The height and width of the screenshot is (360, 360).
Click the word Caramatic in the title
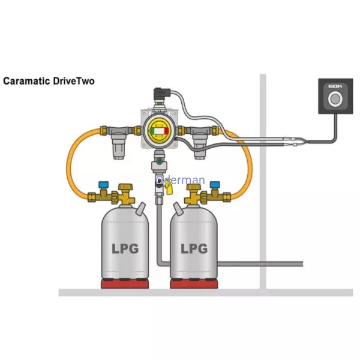tap(26, 81)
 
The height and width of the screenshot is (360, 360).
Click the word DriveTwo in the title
tap(74, 81)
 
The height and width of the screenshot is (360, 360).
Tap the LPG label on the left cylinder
tap(125, 248)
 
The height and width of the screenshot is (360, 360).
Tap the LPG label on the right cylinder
tap(194, 248)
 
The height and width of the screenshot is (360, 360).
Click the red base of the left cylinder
tap(125, 284)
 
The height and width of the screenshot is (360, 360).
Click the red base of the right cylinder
tap(194, 284)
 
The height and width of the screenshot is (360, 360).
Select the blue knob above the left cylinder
tap(104, 184)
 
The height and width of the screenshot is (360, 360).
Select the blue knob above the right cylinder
tap(215, 184)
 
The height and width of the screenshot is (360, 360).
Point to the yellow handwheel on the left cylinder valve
tap(125, 187)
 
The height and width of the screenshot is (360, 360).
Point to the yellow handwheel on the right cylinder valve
tap(194, 187)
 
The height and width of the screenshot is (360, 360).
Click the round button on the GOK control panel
tap(335, 99)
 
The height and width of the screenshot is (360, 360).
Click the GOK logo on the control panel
tap(335, 86)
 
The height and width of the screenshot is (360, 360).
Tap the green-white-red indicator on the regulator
tap(160, 131)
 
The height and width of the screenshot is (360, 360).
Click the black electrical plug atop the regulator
tap(162, 94)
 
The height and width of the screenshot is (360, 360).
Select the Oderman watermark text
tap(180, 180)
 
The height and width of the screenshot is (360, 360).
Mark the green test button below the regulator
tap(159, 161)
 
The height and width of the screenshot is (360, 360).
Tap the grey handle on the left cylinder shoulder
tap(140, 208)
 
